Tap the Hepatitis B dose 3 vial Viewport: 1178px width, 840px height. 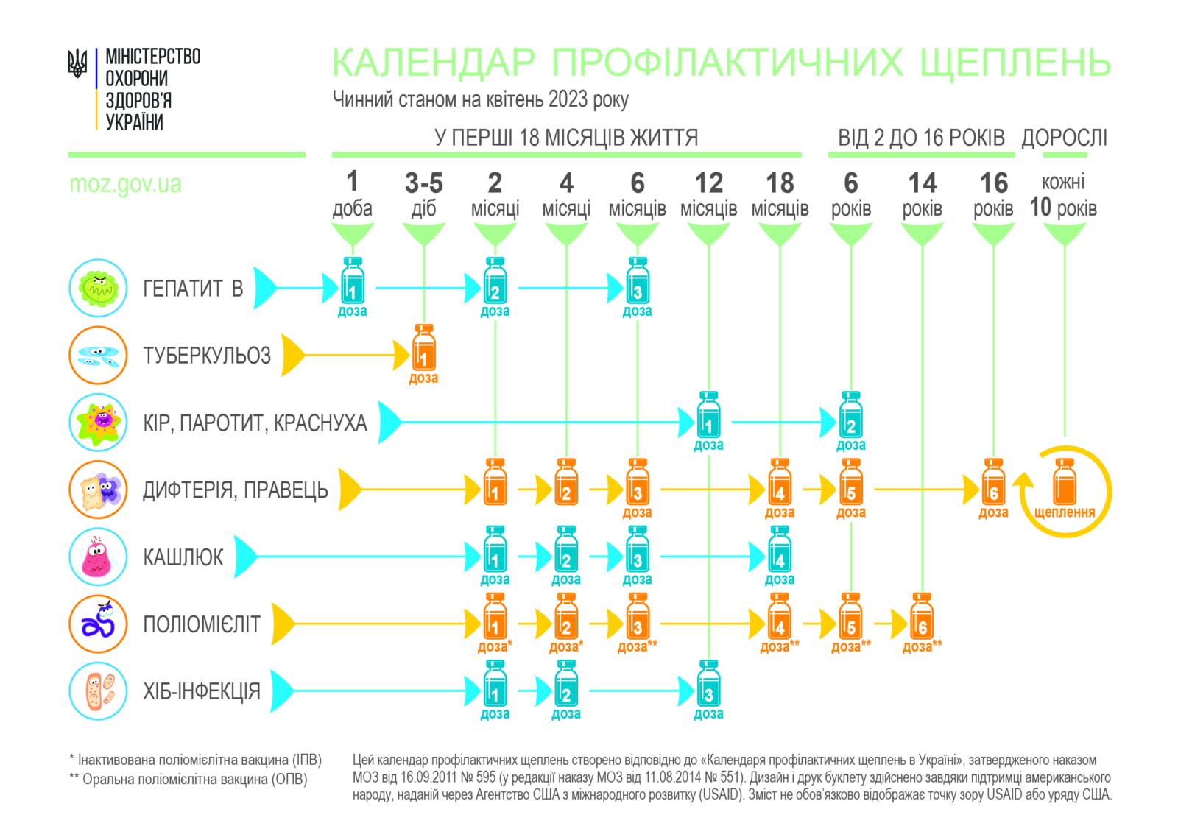point(638,281)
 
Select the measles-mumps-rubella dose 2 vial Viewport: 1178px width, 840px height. point(851,415)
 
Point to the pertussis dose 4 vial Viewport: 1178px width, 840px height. point(780,550)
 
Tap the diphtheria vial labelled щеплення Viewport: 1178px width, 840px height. point(1065,483)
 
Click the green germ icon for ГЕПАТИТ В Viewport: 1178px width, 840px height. point(99,288)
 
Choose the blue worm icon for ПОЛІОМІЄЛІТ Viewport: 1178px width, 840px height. point(99,624)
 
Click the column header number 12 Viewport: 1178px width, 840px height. point(708,183)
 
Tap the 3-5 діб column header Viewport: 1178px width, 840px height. point(424,194)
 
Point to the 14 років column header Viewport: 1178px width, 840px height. point(922,194)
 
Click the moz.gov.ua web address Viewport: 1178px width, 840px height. point(125,184)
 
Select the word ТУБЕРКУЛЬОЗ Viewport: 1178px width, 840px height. point(207,356)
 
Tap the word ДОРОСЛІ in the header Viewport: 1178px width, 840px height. point(1064,138)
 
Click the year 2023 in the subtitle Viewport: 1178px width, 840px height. point(567,99)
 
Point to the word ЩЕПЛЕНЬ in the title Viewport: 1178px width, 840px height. point(1015,63)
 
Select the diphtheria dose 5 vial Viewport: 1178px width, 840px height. point(851,483)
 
